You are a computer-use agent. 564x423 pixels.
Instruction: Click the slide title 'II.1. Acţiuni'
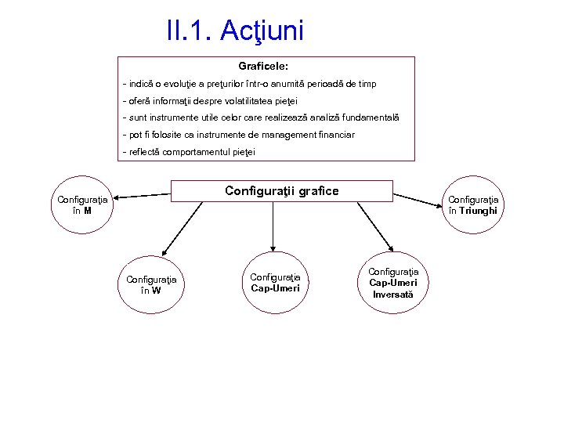[235, 31]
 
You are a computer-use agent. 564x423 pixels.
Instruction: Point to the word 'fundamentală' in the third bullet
[370, 117]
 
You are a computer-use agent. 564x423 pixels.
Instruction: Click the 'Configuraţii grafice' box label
[282, 190]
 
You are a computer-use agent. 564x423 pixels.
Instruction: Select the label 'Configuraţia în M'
[82, 204]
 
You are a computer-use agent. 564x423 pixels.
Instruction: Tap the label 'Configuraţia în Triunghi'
[473, 204]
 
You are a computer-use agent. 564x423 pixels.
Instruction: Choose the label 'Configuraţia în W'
[151, 284]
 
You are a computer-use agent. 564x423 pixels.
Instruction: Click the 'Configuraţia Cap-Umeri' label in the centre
[275, 282]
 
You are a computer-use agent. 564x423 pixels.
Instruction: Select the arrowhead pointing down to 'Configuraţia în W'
[164, 252]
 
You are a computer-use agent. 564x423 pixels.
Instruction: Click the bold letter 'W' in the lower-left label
[157, 291]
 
